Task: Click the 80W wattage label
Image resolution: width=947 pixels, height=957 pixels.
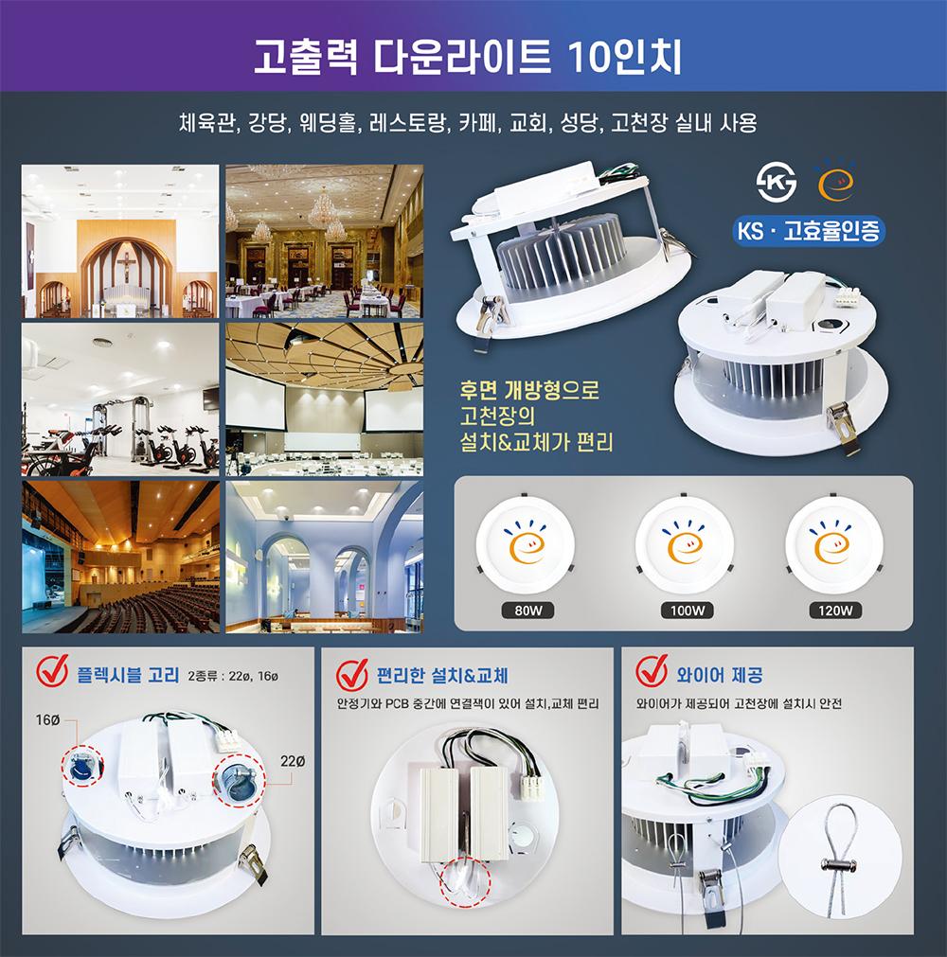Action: tap(528, 611)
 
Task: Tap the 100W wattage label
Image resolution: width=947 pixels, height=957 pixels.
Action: tap(688, 611)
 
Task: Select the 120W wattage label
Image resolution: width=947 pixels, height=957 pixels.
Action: tap(835, 611)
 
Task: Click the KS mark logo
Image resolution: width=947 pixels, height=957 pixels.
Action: tap(776, 182)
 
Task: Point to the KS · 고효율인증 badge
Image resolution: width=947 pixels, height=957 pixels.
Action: tap(809, 231)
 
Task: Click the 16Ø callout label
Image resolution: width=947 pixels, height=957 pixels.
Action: tap(47, 720)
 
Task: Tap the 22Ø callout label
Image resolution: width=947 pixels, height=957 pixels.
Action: tap(293, 761)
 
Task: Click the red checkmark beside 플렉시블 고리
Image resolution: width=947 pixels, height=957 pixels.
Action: tap(52, 671)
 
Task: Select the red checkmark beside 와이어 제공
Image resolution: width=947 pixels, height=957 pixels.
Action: tap(652, 671)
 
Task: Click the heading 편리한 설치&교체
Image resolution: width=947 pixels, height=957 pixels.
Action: tap(442, 676)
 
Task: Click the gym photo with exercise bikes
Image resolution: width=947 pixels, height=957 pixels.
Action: tap(120, 399)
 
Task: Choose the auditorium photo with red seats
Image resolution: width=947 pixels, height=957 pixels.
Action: tap(120, 557)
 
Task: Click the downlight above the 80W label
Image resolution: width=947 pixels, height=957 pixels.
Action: tap(526, 543)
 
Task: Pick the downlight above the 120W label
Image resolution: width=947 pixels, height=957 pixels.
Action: tap(834, 543)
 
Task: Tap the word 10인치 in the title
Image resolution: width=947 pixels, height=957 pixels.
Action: tap(624, 57)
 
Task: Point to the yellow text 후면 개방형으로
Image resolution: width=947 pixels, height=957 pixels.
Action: tap(529, 389)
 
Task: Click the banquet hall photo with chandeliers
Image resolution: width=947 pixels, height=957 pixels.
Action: tap(324, 241)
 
